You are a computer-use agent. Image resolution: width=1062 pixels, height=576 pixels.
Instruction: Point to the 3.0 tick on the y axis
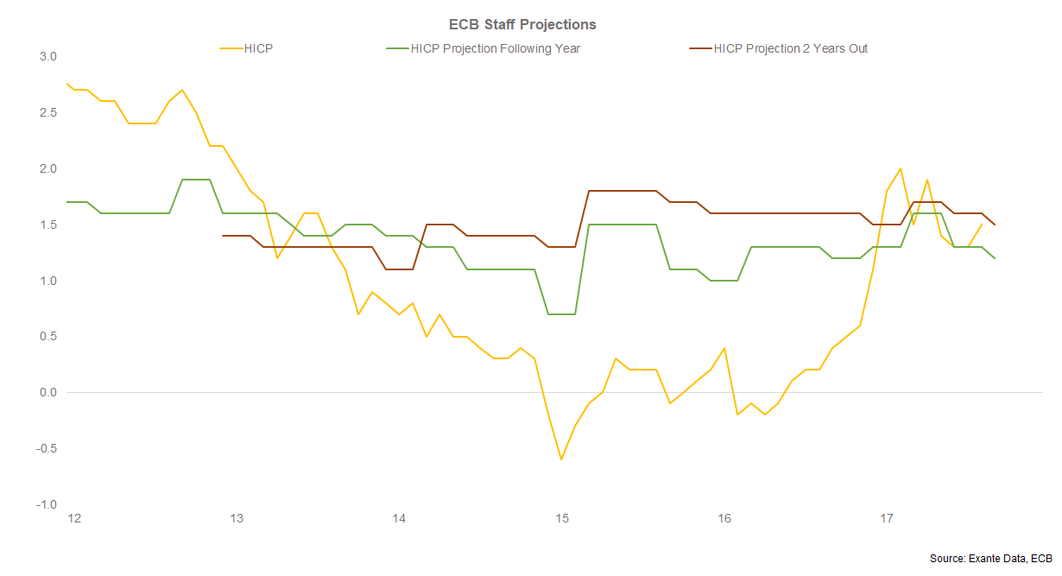click(47, 57)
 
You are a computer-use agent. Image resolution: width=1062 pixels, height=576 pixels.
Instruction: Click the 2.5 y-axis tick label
click(47, 113)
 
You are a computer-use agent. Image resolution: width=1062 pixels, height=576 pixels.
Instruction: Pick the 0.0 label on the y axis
click(47, 393)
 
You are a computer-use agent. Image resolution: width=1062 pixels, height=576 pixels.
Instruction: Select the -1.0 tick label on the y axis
click(46, 505)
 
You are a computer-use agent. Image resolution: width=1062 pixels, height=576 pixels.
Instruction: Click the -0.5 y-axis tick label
click(46, 449)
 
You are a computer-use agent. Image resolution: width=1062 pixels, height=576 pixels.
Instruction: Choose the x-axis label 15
click(561, 519)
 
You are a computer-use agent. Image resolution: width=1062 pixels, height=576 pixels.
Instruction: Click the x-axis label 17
click(887, 519)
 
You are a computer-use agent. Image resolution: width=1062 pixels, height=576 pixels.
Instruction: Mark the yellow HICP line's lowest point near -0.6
click(561, 459)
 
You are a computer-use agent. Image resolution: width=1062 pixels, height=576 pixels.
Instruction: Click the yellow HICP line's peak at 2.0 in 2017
click(900, 168)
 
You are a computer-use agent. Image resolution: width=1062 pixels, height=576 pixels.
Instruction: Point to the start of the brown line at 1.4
click(223, 236)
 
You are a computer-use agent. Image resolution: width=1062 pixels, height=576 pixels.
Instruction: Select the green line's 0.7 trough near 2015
click(561, 314)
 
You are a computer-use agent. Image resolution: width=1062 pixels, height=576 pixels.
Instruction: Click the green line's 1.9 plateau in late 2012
click(196, 180)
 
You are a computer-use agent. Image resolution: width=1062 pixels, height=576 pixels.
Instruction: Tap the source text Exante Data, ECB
click(992, 560)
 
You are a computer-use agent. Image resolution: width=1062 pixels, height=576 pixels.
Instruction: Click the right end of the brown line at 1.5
click(995, 225)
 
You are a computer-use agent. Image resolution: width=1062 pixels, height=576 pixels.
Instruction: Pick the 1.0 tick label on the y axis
click(47, 281)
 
